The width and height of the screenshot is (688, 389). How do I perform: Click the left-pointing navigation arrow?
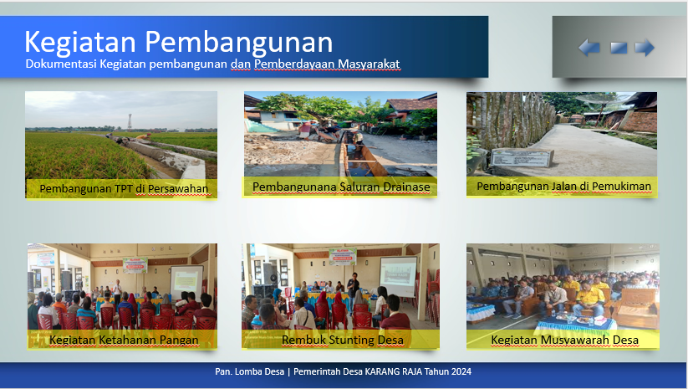589,48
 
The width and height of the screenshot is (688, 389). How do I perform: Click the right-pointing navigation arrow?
645,48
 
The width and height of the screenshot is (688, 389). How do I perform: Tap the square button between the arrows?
619,48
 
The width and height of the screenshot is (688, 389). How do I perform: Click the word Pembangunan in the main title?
239,42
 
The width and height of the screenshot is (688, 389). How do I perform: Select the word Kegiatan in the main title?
80,42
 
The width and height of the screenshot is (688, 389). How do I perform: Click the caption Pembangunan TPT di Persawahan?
124,189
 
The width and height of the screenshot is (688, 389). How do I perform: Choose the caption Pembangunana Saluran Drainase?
341,187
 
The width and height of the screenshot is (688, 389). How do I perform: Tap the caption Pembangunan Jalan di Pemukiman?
563,187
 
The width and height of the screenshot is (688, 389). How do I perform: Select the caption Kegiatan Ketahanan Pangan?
124,340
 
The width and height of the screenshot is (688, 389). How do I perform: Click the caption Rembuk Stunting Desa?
342,340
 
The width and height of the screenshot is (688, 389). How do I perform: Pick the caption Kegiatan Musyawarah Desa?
565,340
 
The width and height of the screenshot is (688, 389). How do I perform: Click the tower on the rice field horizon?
130,120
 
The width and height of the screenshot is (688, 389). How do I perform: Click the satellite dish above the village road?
604,101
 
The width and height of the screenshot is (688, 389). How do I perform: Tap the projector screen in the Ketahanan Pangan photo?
186,281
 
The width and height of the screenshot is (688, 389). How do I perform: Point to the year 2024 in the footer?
461,371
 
